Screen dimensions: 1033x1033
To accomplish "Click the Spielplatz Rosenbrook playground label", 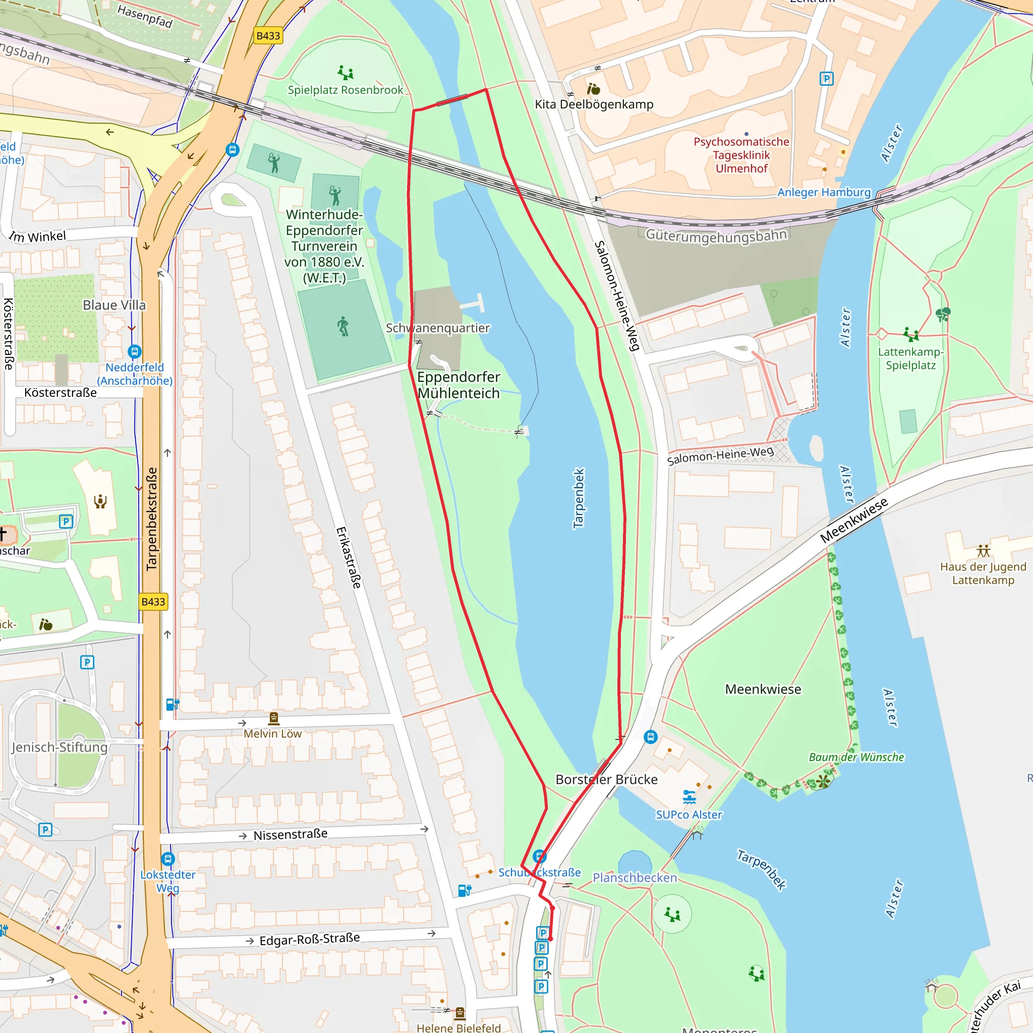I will (x=346, y=90).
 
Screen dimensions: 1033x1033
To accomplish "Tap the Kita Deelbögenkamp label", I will (x=594, y=104).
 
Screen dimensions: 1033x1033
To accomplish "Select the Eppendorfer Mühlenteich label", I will (x=459, y=385).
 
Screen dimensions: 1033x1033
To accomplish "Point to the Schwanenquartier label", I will (x=437, y=328).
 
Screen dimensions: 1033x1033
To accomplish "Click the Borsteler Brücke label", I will (x=606, y=780).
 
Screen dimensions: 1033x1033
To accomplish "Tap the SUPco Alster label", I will (x=688, y=815).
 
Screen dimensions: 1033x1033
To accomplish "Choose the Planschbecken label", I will (x=635, y=878).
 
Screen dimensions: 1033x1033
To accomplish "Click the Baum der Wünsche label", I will (x=856, y=757).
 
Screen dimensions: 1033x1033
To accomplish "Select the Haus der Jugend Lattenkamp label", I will (x=983, y=573).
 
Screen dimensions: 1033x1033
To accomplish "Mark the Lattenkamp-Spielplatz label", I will (x=910, y=359).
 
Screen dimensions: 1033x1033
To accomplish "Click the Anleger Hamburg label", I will (x=824, y=193).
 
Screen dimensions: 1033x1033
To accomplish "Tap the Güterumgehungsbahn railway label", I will (x=716, y=235).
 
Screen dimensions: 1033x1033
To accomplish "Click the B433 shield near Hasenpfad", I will (x=268, y=36).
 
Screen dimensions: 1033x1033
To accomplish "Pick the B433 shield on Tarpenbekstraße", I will (x=153, y=602).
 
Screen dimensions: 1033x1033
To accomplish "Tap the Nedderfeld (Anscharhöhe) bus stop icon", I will (x=135, y=351).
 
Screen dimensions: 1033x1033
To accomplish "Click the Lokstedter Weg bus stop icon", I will (x=168, y=858).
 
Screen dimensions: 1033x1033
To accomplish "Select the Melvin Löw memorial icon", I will (x=274, y=718).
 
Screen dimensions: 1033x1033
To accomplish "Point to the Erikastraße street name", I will (x=349, y=558).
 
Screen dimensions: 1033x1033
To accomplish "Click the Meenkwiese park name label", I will (x=763, y=689).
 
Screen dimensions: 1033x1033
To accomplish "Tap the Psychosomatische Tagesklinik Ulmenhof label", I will (x=741, y=155).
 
